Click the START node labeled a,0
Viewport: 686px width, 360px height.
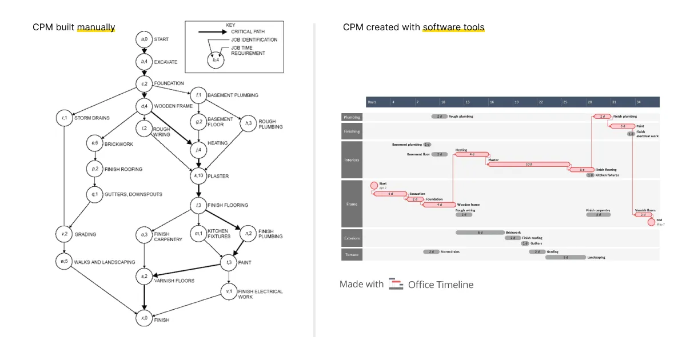coord(144,39)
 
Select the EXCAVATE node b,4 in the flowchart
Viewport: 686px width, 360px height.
coord(144,62)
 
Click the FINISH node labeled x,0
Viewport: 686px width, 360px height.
coord(144,318)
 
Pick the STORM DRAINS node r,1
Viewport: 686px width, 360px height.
coord(64,118)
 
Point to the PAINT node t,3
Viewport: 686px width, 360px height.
coord(229,263)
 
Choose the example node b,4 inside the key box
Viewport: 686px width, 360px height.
coord(216,59)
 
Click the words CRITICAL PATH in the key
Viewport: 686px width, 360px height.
coord(248,31)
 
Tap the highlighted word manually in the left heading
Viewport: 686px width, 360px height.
coord(96,27)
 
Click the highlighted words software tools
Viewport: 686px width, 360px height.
coord(453,27)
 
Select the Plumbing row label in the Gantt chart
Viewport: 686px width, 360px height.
coord(352,117)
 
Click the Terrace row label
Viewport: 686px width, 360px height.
coord(352,254)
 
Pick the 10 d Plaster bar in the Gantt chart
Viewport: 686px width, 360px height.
coord(529,164)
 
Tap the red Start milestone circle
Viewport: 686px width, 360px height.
coord(374,185)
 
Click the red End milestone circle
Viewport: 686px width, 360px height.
coord(652,222)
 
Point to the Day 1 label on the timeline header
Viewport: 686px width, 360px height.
coord(372,102)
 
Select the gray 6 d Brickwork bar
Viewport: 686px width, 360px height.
coord(480,233)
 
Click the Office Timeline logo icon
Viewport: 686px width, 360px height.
coord(396,284)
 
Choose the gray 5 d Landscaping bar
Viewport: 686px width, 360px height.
coord(565,257)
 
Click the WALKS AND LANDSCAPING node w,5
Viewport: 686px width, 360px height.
coord(64,262)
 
